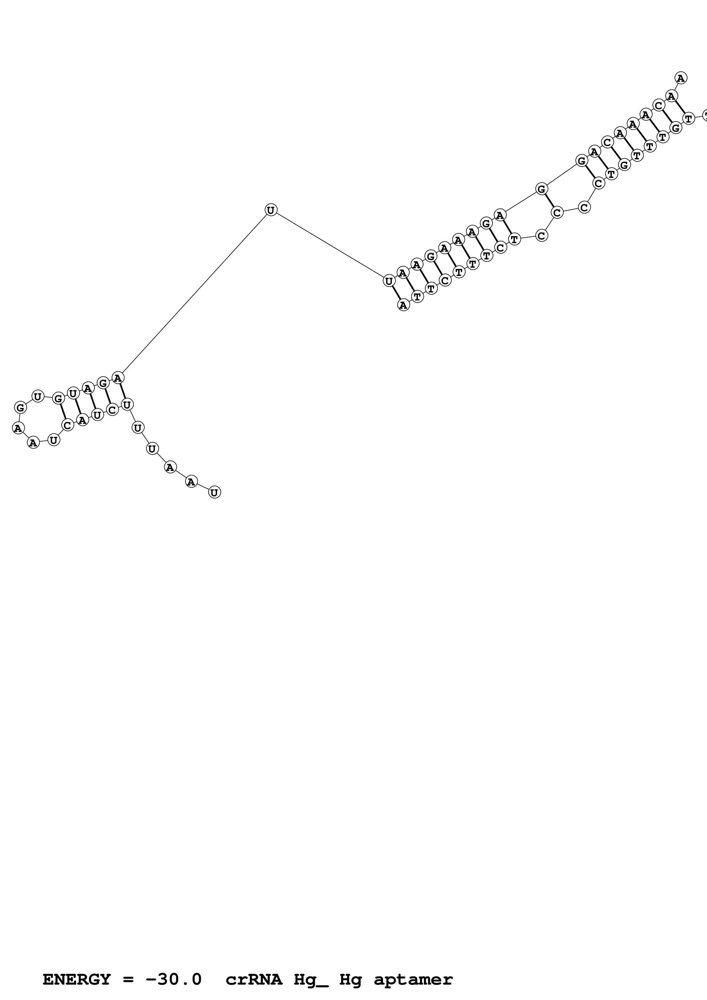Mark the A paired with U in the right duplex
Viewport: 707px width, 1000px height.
coord(403,305)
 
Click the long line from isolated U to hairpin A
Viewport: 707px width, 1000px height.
coord(194,294)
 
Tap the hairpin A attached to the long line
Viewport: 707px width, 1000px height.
coord(118,378)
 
